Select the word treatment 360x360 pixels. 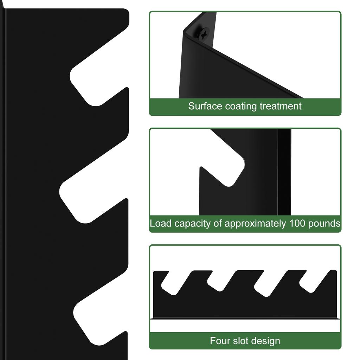[x=280, y=106]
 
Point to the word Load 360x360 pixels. [x=160, y=223]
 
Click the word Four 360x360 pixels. [x=220, y=341]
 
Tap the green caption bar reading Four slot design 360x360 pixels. [x=245, y=341]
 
